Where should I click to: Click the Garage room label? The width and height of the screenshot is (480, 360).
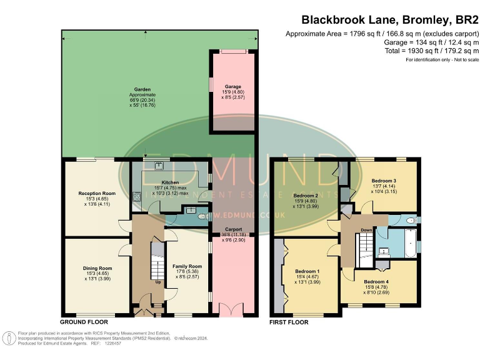[232, 86]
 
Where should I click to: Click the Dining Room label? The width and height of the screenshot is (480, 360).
[97, 268]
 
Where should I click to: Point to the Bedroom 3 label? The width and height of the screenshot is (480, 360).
[384, 179]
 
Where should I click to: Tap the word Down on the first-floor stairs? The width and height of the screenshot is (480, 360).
[367, 229]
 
